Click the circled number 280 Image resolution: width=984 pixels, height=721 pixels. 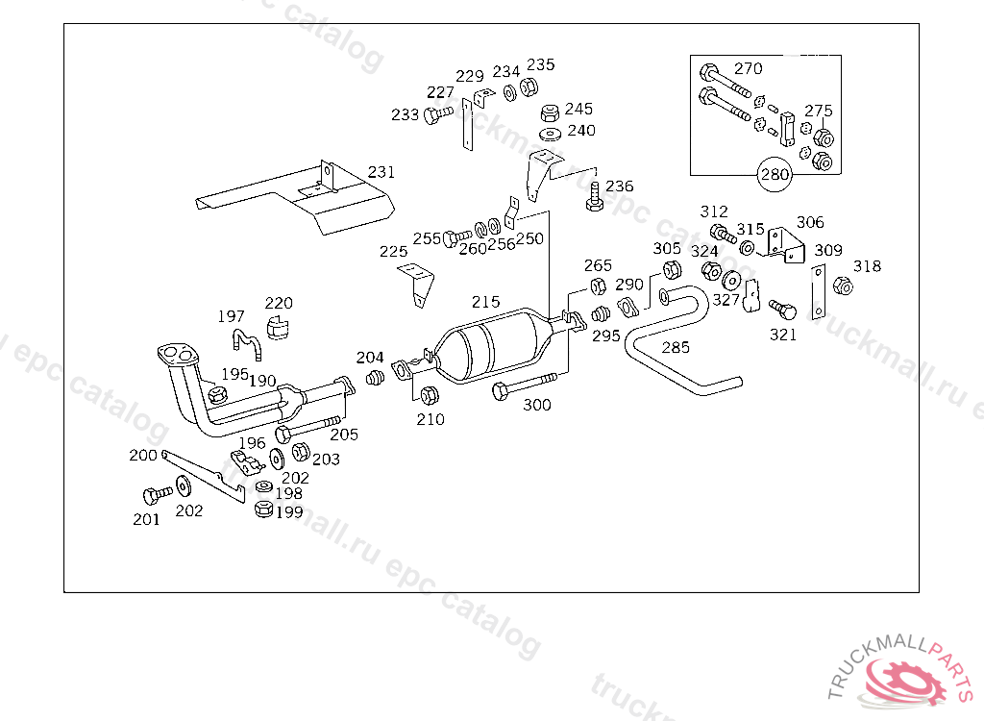tap(775, 174)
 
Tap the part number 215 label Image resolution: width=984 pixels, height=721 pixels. tap(485, 302)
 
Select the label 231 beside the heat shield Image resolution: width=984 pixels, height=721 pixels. tap(381, 172)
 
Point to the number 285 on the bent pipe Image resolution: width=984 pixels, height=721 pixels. tap(676, 347)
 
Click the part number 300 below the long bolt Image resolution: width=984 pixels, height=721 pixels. tap(537, 405)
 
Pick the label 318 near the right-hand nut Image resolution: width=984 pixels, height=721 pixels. tap(867, 266)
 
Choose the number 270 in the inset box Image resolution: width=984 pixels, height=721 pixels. tap(748, 68)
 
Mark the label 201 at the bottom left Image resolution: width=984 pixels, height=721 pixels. tap(146, 519)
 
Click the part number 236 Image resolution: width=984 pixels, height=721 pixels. tap(620, 186)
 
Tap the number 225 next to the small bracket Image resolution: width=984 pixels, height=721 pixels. tap(393, 252)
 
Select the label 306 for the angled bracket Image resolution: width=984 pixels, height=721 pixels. tap(810, 222)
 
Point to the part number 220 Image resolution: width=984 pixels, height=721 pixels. tap(279, 304)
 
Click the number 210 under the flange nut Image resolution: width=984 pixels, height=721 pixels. tap(430, 419)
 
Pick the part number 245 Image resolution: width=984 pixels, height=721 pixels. tap(578, 109)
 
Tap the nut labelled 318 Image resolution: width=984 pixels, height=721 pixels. tap(843, 286)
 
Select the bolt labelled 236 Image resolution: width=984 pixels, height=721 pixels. tap(593, 198)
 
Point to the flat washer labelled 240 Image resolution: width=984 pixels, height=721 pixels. tap(551, 133)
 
